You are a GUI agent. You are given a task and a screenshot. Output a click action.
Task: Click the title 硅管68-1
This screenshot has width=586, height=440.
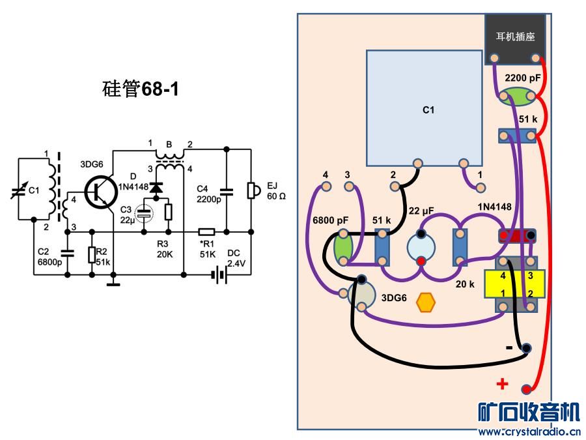[141, 88]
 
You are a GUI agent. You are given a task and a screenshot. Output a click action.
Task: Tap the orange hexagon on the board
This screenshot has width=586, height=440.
[425, 302]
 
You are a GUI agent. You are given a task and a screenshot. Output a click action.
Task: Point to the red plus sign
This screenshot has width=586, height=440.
[502, 384]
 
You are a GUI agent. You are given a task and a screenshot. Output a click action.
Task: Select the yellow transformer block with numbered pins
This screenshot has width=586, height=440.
[517, 284]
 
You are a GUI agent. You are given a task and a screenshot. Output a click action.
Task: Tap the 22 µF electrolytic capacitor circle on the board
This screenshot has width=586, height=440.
[421, 248]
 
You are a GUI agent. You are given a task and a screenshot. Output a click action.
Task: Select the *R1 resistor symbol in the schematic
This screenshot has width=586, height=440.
[206, 231]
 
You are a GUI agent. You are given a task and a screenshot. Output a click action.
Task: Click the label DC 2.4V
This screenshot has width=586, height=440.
[235, 259]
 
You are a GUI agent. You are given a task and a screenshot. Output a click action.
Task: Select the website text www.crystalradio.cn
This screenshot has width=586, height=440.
[529, 432]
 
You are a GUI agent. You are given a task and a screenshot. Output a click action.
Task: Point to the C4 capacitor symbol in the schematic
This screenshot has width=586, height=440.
[227, 192]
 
